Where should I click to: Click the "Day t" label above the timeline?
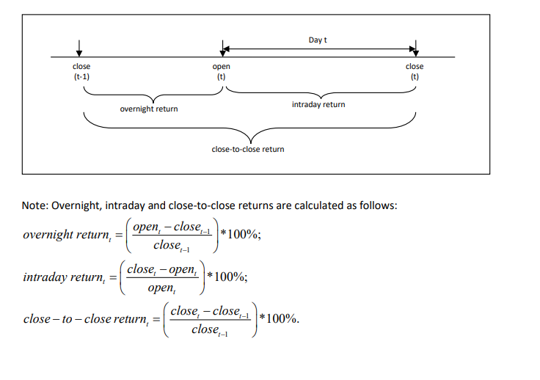tap(318, 40)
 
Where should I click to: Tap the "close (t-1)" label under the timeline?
tap(81, 71)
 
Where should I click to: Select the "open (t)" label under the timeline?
tap(221, 71)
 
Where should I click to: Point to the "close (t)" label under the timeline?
tap(415, 71)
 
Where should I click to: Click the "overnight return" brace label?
tap(149, 109)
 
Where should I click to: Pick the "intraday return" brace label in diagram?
tap(318, 104)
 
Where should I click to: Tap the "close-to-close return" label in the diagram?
tap(248, 149)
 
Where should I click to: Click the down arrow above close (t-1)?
tap(79, 48)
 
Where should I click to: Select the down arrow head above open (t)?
tap(223, 53)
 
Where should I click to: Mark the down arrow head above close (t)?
tap(416, 53)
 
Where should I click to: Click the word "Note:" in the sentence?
tap(35, 205)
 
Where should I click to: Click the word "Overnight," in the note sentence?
tap(77, 206)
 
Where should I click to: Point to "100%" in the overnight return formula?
tap(242, 234)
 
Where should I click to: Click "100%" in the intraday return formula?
tap(229, 277)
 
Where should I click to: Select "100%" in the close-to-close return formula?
tap(281, 318)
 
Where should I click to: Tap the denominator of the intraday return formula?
tap(162, 288)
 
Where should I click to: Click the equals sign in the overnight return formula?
tap(119, 235)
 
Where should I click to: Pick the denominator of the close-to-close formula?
tap(209, 329)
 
